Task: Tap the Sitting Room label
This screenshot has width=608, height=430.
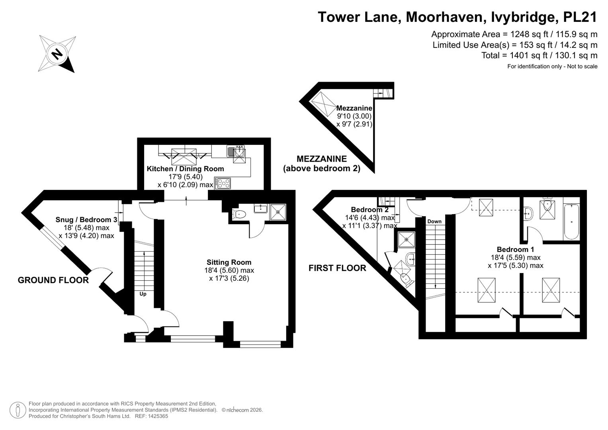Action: (x=229, y=262)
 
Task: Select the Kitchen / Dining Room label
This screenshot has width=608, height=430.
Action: (x=186, y=169)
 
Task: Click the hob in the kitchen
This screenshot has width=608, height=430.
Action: (x=223, y=183)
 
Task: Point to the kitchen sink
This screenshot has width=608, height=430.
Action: (x=236, y=151)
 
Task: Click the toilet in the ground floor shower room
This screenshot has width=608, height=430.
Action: (x=239, y=214)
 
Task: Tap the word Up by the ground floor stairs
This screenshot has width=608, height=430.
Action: (x=143, y=294)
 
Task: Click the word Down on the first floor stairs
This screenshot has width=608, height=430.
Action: (x=434, y=221)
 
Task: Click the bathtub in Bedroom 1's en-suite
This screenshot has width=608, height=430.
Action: (x=571, y=222)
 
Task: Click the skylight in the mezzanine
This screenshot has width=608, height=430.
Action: (x=323, y=104)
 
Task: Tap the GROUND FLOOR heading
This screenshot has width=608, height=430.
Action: (x=53, y=280)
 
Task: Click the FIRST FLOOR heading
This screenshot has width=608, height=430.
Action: (x=337, y=268)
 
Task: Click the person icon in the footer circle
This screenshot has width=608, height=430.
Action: (x=18, y=410)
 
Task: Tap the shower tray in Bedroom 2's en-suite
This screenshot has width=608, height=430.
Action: (x=406, y=239)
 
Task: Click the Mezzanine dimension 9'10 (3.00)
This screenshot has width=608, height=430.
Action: (x=354, y=116)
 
